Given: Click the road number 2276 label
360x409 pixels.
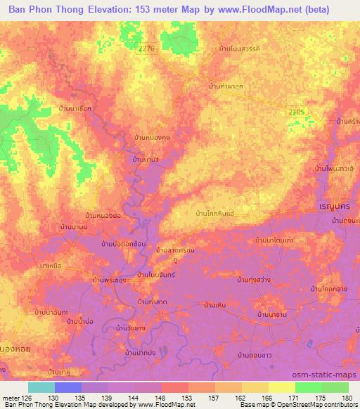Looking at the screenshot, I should [146, 48].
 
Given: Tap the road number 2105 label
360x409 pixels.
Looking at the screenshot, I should [297, 112].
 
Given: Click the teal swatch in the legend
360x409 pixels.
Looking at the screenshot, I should [41, 387].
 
